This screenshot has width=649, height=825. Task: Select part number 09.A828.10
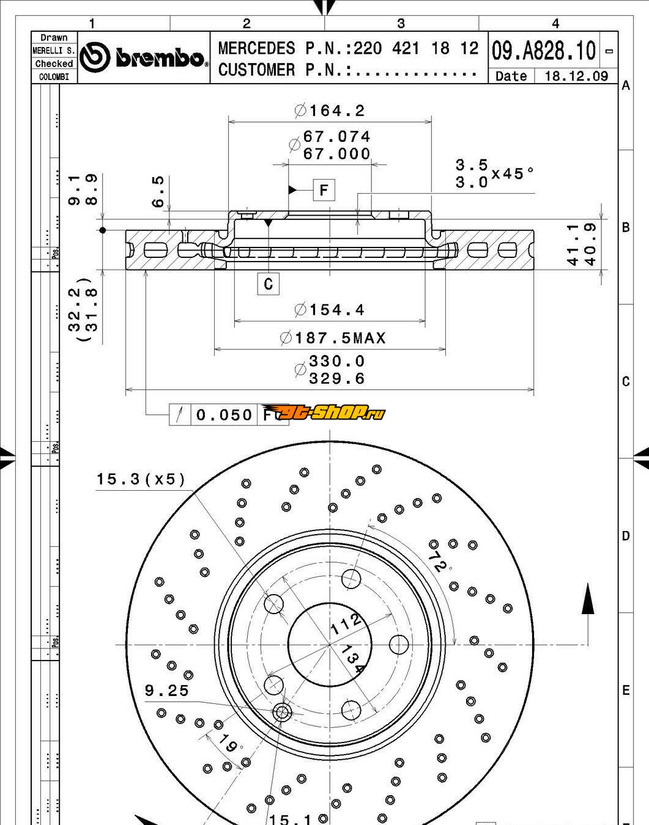click(x=543, y=51)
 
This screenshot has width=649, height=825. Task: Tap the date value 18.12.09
click(x=576, y=76)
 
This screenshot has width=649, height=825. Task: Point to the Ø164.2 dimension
click(x=330, y=111)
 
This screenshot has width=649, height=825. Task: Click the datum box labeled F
click(x=324, y=190)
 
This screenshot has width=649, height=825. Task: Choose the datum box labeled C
click(x=269, y=284)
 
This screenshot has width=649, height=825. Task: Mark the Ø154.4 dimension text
click(x=330, y=310)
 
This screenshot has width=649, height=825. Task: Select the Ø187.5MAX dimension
click(x=333, y=338)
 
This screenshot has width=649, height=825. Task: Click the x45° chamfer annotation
click(x=513, y=174)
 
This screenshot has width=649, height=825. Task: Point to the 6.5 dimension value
click(x=158, y=191)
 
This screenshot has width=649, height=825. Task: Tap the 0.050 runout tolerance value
click(x=224, y=415)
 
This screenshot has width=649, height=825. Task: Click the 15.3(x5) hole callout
click(x=141, y=479)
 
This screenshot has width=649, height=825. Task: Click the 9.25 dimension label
click(x=166, y=691)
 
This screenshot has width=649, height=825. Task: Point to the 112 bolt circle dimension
click(x=346, y=624)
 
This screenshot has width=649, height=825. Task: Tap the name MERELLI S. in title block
click(x=54, y=51)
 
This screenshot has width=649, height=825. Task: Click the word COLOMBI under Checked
click(x=54, y=77)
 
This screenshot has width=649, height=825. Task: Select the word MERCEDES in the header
click(x=256, y=49)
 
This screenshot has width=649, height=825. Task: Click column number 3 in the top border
click(x=401, y=23)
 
